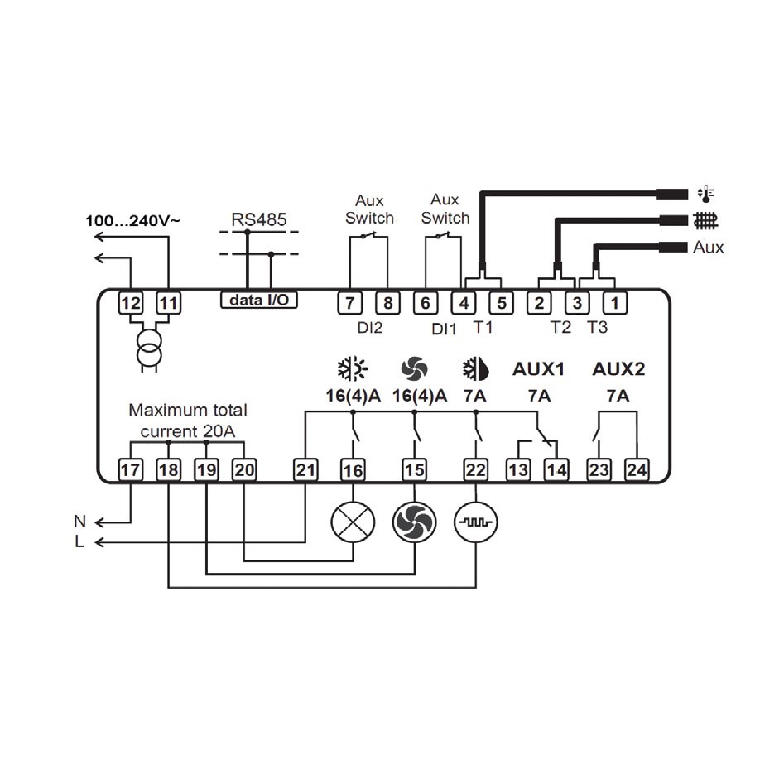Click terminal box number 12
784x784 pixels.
click(x=131, y=303)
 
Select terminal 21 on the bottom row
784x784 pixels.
click(x=305, y=470)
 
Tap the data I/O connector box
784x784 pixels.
click(x=259, y=300)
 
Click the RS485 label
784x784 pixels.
click(x=259, y=219)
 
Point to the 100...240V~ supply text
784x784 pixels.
click(x=132, y=220)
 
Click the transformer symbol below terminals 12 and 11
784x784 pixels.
click(x=150, y=349)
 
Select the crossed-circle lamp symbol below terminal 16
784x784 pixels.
click(x=353, y=522)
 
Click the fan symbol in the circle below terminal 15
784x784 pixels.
click(x=415, y=522)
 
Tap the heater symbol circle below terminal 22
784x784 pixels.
click(x=475, y=522)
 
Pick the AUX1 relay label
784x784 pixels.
click(x=538, y=369)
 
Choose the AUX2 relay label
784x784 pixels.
click(x=618, y=369)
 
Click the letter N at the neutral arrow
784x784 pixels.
click(x=80, y=522)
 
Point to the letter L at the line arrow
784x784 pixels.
click(x=79, y=541)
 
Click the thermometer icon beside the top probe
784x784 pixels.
click(x=705, y=194)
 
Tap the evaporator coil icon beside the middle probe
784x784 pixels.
click(x=705, y=220)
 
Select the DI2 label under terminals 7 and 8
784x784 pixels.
click(x=370, y=328)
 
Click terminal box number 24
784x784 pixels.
click(x=637, y=470)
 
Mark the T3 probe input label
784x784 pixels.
click(x=597, y=327)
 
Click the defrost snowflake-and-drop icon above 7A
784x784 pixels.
click(x=475, y=369)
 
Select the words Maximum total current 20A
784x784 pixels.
click(x=188, y=421)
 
